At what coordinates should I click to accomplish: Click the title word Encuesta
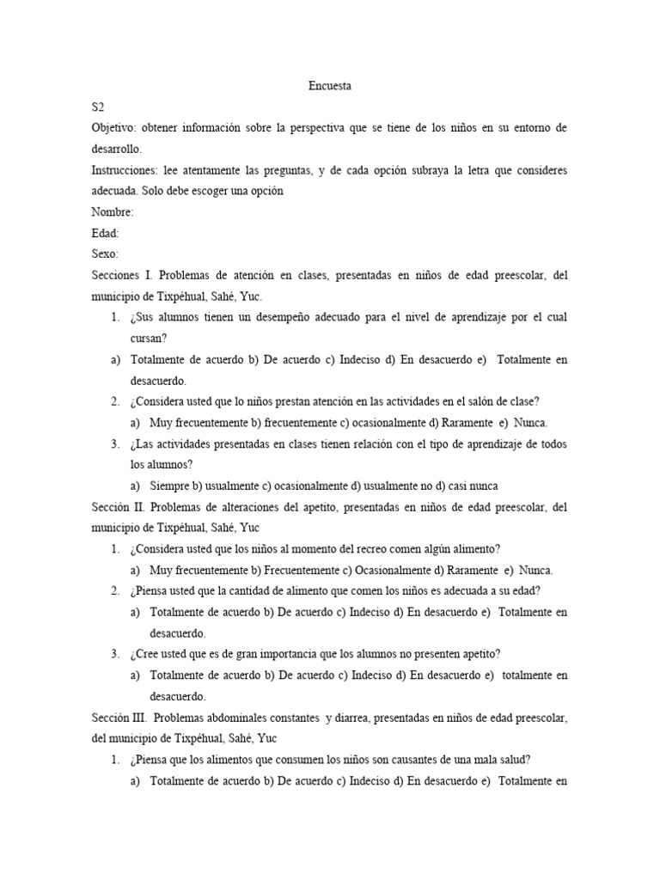[x=330, y=86]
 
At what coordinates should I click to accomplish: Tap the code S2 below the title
[x=98, y=107]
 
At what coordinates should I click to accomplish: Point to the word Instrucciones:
[x=124, y=170]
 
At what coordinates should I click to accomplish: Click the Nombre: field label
[x=112, y=212]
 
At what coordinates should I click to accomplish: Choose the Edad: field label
[x=105, y=233]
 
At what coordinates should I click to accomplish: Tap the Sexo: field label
[x=105, y=254]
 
